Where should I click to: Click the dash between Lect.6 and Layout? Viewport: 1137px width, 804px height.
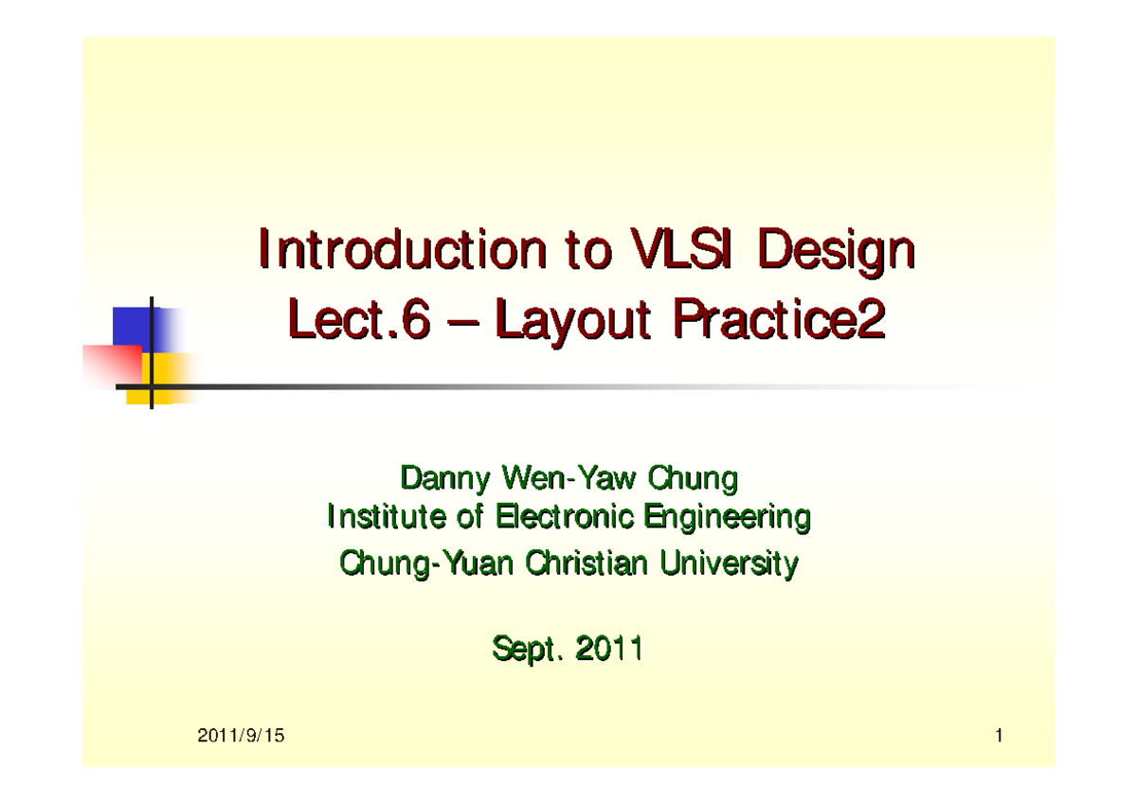tap(464, 325)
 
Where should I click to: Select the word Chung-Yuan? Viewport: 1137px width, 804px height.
tap(426, 565)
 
